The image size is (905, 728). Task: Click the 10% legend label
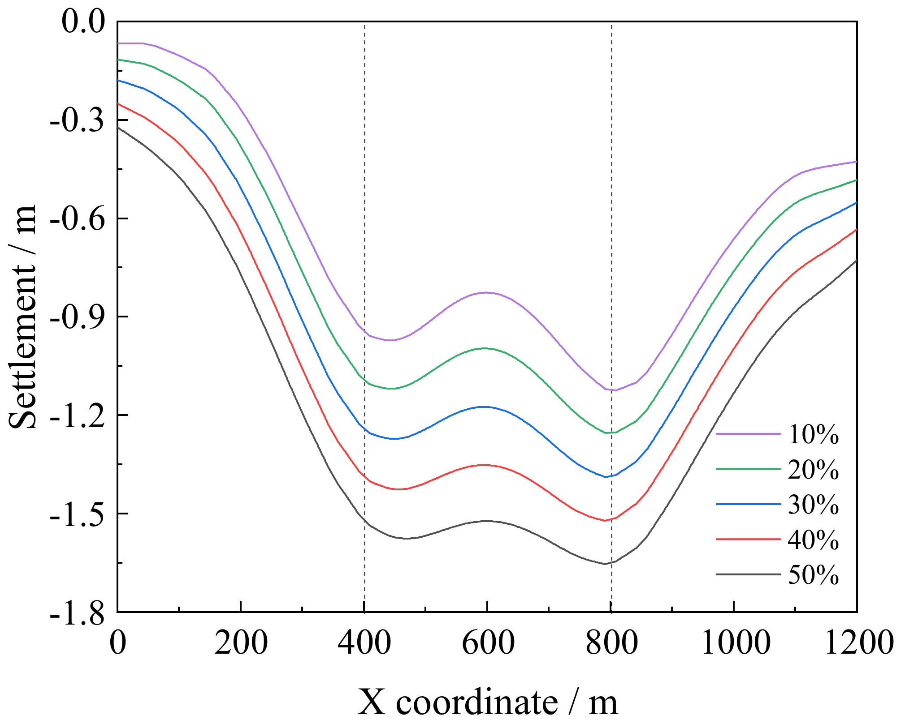click(x=813, y=434)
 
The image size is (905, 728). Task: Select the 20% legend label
click(x=813, y=470)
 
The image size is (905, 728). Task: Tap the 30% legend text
click(x=813, y=505)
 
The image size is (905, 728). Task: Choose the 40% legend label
click(x=813, y=540)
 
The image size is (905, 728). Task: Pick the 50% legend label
click(x=813, y=575)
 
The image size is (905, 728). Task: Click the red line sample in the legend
click(x=748, y=539)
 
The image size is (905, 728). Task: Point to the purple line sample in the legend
click(x=748, y=434)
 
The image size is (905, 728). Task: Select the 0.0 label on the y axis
click(x=83, y=22)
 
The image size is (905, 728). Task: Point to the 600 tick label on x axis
click(x=488, y=643)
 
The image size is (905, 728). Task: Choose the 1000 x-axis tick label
click(x=735, y=643)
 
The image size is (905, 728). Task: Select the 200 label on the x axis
click(x=241, y=643)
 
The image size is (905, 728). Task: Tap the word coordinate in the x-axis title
click(x=476, y=702)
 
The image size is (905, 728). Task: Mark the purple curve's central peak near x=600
click(x=486, y=292)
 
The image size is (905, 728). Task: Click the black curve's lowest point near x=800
click(x=605, y=564)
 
